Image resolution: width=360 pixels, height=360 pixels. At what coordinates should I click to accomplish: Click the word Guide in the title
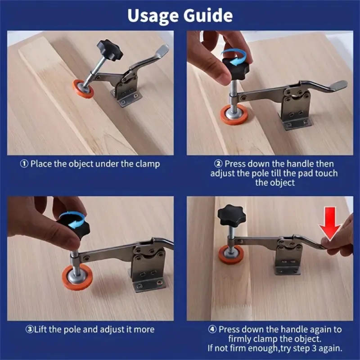point(208,15)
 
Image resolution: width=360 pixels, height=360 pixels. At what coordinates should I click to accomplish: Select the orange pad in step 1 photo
point(83,89)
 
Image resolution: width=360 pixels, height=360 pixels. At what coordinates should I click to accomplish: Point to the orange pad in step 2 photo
point(234,114)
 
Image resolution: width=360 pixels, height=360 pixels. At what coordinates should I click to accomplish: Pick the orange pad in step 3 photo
point(77,278)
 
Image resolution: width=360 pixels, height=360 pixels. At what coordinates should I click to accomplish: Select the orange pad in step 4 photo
point(231,255)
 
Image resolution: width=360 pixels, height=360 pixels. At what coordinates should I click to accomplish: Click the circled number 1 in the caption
point(24,164)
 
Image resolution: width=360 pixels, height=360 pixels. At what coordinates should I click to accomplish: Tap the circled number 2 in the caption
point(218,164)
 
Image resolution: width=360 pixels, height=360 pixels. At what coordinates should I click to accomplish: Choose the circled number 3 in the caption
point(29,329)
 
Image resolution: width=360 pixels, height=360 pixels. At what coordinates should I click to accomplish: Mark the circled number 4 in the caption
point(212,329)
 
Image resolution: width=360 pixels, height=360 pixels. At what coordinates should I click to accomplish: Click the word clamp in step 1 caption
point(148,164)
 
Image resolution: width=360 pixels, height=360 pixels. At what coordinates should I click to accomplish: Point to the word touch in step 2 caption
point(326,173)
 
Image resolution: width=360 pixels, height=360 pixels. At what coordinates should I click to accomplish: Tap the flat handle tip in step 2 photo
point(340,85)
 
